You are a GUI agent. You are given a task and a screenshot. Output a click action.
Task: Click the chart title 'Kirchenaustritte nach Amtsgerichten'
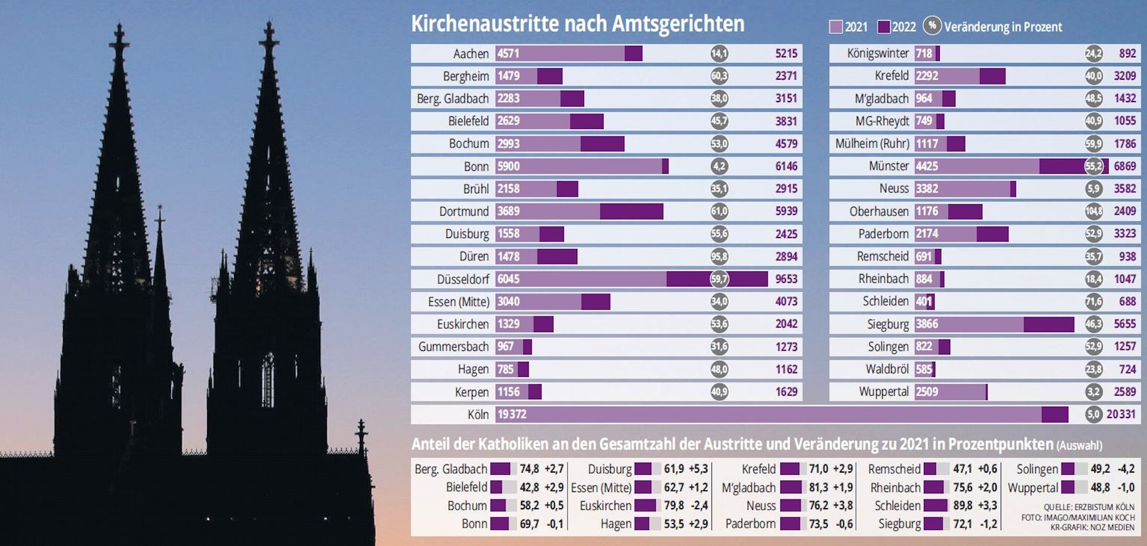577,24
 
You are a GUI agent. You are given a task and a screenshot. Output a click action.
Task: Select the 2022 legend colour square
884,27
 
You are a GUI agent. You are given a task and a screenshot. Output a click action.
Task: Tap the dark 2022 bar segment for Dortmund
631,211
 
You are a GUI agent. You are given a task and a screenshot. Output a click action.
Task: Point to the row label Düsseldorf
462,279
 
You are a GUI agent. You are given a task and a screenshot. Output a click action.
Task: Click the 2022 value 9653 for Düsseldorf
786,279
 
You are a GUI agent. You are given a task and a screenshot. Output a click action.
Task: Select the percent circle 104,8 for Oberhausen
1094,211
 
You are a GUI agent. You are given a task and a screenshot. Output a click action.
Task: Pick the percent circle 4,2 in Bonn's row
719,166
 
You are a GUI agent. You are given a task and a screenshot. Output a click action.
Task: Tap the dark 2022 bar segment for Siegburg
1048,324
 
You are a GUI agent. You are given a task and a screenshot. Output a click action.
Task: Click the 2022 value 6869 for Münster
1125,166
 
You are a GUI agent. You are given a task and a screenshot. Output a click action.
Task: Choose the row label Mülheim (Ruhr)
872,143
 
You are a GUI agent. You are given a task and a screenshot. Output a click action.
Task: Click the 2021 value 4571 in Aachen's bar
508,54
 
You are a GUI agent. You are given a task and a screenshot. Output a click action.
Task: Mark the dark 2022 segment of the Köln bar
1055,414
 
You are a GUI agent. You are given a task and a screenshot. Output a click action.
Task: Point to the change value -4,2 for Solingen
1126,469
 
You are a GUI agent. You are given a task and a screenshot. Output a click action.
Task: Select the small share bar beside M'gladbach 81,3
791,487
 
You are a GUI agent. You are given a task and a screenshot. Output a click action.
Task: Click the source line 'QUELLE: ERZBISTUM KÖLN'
1088,508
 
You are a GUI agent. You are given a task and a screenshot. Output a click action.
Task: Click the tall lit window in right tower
267,379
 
